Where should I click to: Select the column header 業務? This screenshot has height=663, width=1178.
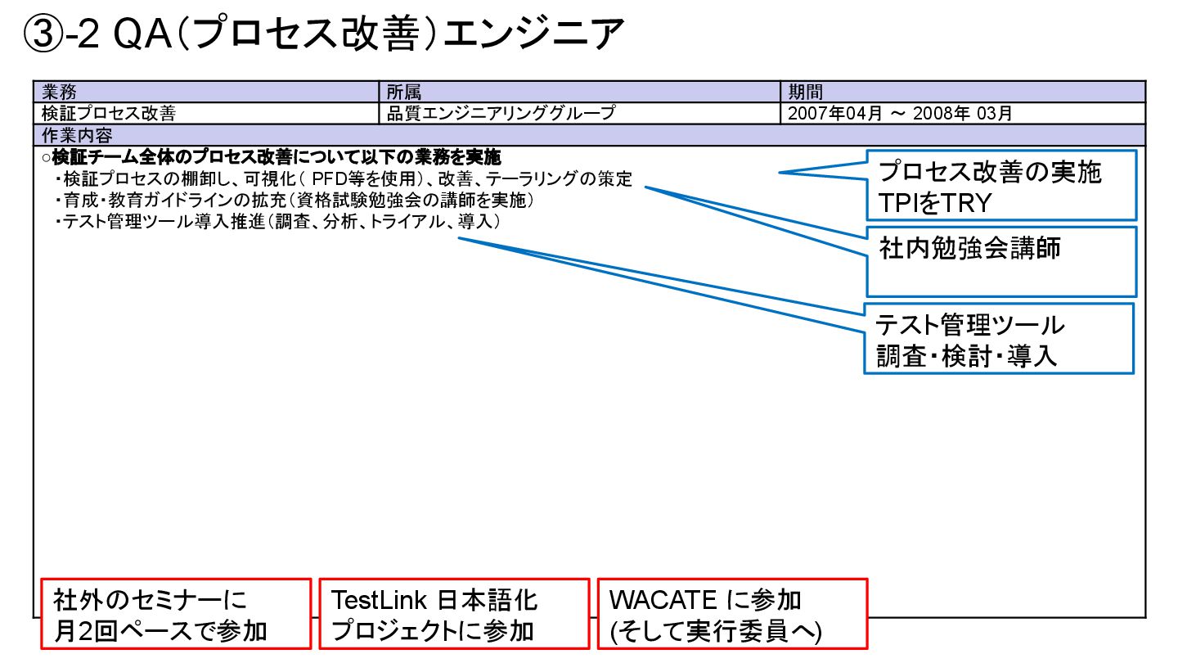click(59, 92)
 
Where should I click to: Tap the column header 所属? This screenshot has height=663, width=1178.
click(403, 92)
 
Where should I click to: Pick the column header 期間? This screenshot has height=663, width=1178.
click(805, 92)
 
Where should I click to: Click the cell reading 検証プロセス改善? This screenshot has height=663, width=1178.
click(109, 113)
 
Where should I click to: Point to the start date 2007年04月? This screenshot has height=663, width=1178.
click(834, 113)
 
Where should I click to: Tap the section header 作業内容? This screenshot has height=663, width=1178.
click(77, 134)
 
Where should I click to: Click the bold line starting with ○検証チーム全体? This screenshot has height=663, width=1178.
click(270, 157)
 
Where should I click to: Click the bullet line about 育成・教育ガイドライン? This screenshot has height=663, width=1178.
click(294, 201)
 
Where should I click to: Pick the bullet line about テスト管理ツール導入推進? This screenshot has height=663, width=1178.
click(278, 222)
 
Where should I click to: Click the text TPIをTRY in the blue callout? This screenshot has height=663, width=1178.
click(934, 202)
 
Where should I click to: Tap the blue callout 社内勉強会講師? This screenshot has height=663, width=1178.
click(969, 249)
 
